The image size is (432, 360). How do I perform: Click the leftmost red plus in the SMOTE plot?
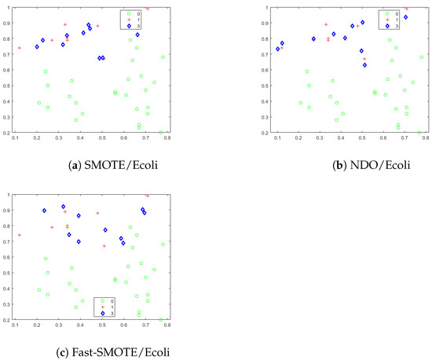pyautogui.click(x=20, y=48)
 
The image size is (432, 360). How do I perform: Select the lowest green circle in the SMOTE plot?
pyautogui.click(x=161, y=133)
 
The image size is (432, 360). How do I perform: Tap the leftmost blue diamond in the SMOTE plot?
pyautogui.click(x=37, y=47)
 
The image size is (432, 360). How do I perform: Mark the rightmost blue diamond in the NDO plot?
pyautogui.click(x=405, y=17)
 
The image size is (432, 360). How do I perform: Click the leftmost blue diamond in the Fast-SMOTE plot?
pyautogui.click(x=44, y=211)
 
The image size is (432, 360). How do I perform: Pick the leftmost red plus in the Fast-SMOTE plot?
pyautogui.click(x=20, y=235)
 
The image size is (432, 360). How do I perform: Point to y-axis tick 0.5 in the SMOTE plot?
pyautogui.click(x=9, y=84)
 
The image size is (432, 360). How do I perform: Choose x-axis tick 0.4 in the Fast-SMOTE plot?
pyautogui.click(x=81, y=325)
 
